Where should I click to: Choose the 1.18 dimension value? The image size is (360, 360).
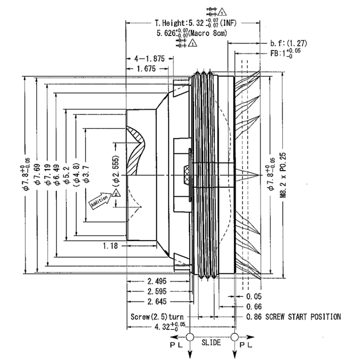tap(112, 246)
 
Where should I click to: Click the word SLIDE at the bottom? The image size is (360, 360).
tap(211, 343)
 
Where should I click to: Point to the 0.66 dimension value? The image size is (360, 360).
tap(255, 306)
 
